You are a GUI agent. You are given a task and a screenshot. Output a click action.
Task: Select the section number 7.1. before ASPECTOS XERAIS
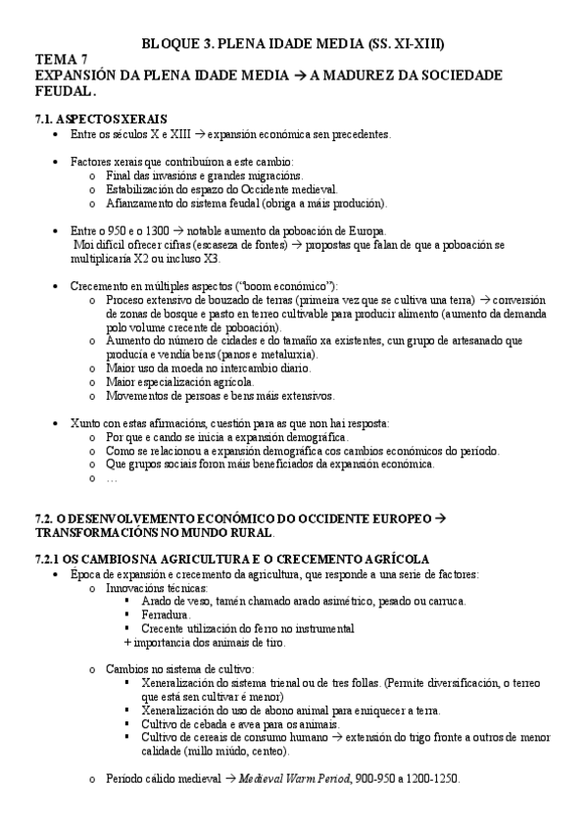46,118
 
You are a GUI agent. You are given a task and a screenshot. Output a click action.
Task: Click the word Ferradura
166,613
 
